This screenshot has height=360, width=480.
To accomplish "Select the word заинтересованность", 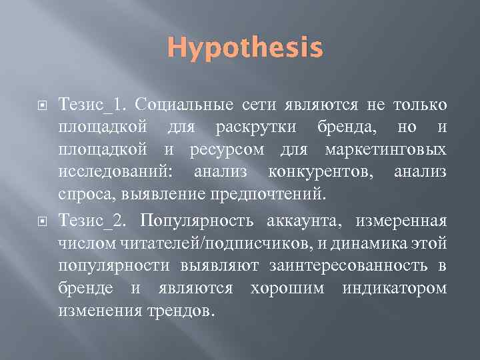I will point(353,265).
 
